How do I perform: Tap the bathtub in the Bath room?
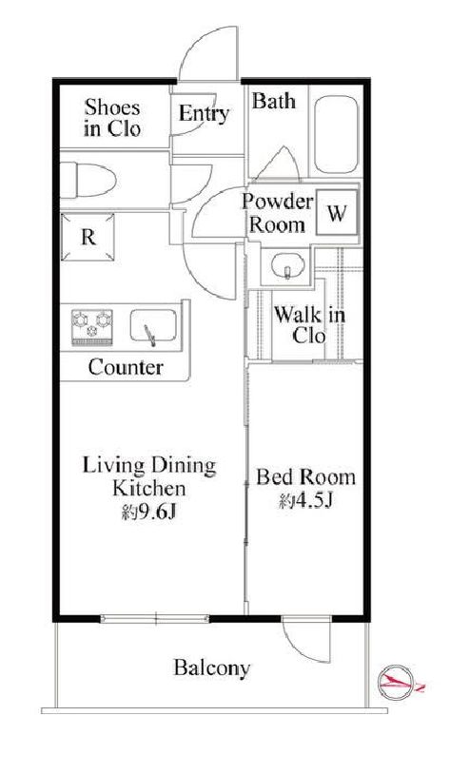[336, 134]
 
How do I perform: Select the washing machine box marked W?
[337, 212]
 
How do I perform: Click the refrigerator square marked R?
[88, 237]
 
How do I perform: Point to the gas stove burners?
[92, 327]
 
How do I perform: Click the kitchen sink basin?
[153, 326]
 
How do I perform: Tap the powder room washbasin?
[287, 265]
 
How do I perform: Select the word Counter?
[126, 367]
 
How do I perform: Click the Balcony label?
[212, 668]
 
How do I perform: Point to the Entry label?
[204, 114]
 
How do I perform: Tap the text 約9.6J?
[149, 513]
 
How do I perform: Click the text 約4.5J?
[305, 500]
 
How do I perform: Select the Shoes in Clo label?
[112, 118]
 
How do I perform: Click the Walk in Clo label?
[309, 325]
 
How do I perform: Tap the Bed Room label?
[305, 477]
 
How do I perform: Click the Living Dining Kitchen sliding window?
[155, 618]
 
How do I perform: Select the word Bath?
[274, 101]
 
